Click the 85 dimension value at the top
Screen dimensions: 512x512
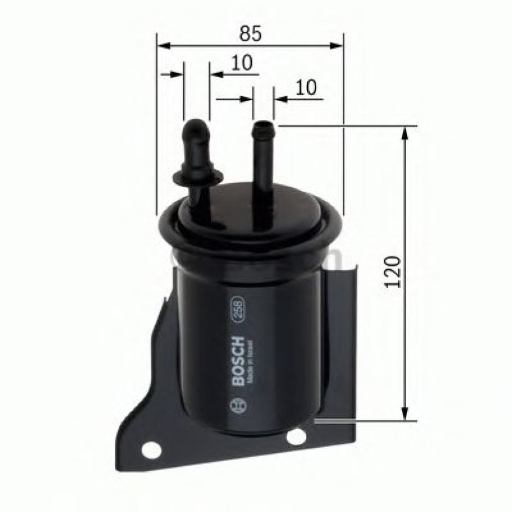click(x=252, y=33)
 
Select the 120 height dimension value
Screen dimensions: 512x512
click(x=394, y=272)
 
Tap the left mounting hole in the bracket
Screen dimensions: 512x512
click(x=150, y=450)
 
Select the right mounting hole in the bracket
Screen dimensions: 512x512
click(x=296, y=436)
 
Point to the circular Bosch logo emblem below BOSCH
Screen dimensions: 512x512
click(x=240, y=405)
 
